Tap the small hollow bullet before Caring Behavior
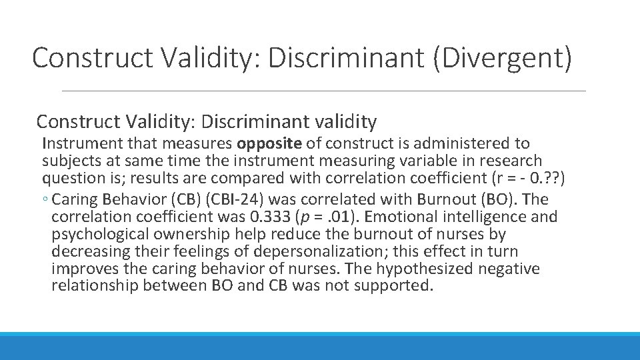click(x=46, y=199)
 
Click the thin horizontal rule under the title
click(x=323, y=91)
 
